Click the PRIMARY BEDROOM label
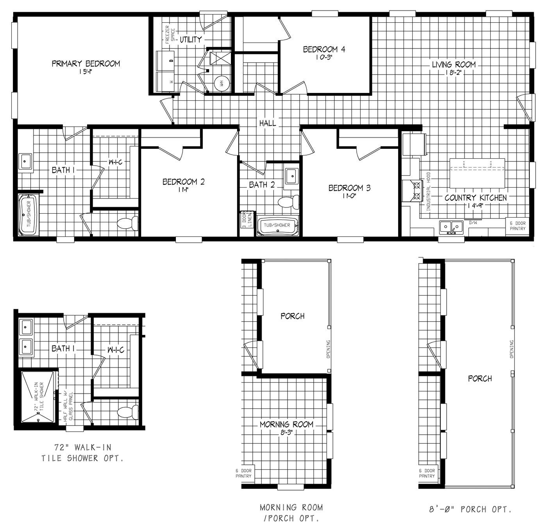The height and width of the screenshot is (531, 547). pos(86,64)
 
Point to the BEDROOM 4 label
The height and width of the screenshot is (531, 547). pos(324,49)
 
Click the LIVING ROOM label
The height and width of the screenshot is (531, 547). pos(453,64)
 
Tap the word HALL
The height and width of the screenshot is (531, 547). pos(268,123)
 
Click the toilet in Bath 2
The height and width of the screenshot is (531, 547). pos(288,202)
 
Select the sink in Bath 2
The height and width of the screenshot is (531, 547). pos(291,175)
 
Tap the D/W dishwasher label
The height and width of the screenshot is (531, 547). pos(472,223)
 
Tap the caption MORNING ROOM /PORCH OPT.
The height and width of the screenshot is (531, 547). pos(291,513)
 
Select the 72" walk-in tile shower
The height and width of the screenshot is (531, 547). pos(38,397)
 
